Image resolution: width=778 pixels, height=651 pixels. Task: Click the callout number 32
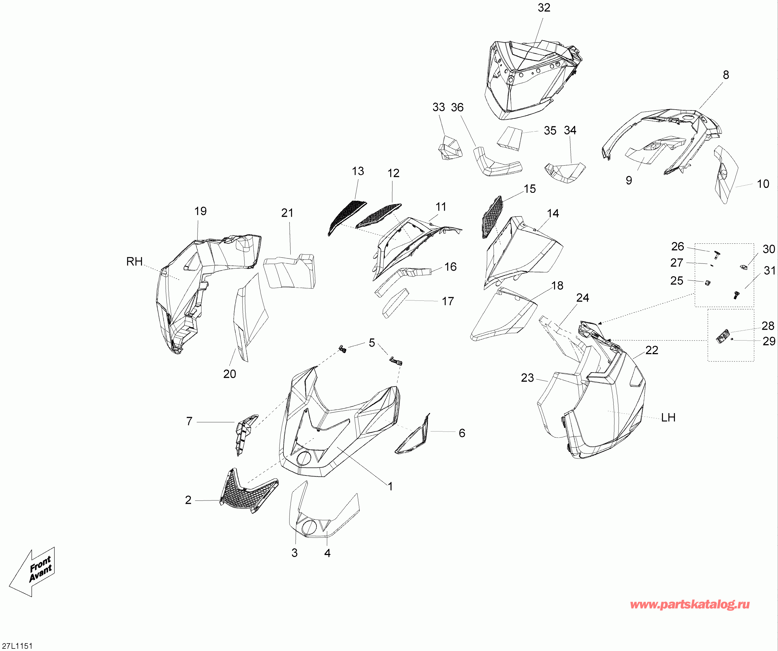(544, 8)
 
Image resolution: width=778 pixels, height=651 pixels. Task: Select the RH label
(134, 262)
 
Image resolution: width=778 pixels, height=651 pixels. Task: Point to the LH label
(668, 418)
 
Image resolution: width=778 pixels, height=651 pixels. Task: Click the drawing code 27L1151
(17, 646)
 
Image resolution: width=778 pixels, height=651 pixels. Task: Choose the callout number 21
(287, 213)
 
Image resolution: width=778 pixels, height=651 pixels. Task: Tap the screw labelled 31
(736, 295)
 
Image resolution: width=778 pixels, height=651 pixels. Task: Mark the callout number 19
(200, 211)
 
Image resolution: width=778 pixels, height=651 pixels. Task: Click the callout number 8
(726, 75)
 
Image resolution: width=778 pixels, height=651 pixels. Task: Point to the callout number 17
(448, 301)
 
